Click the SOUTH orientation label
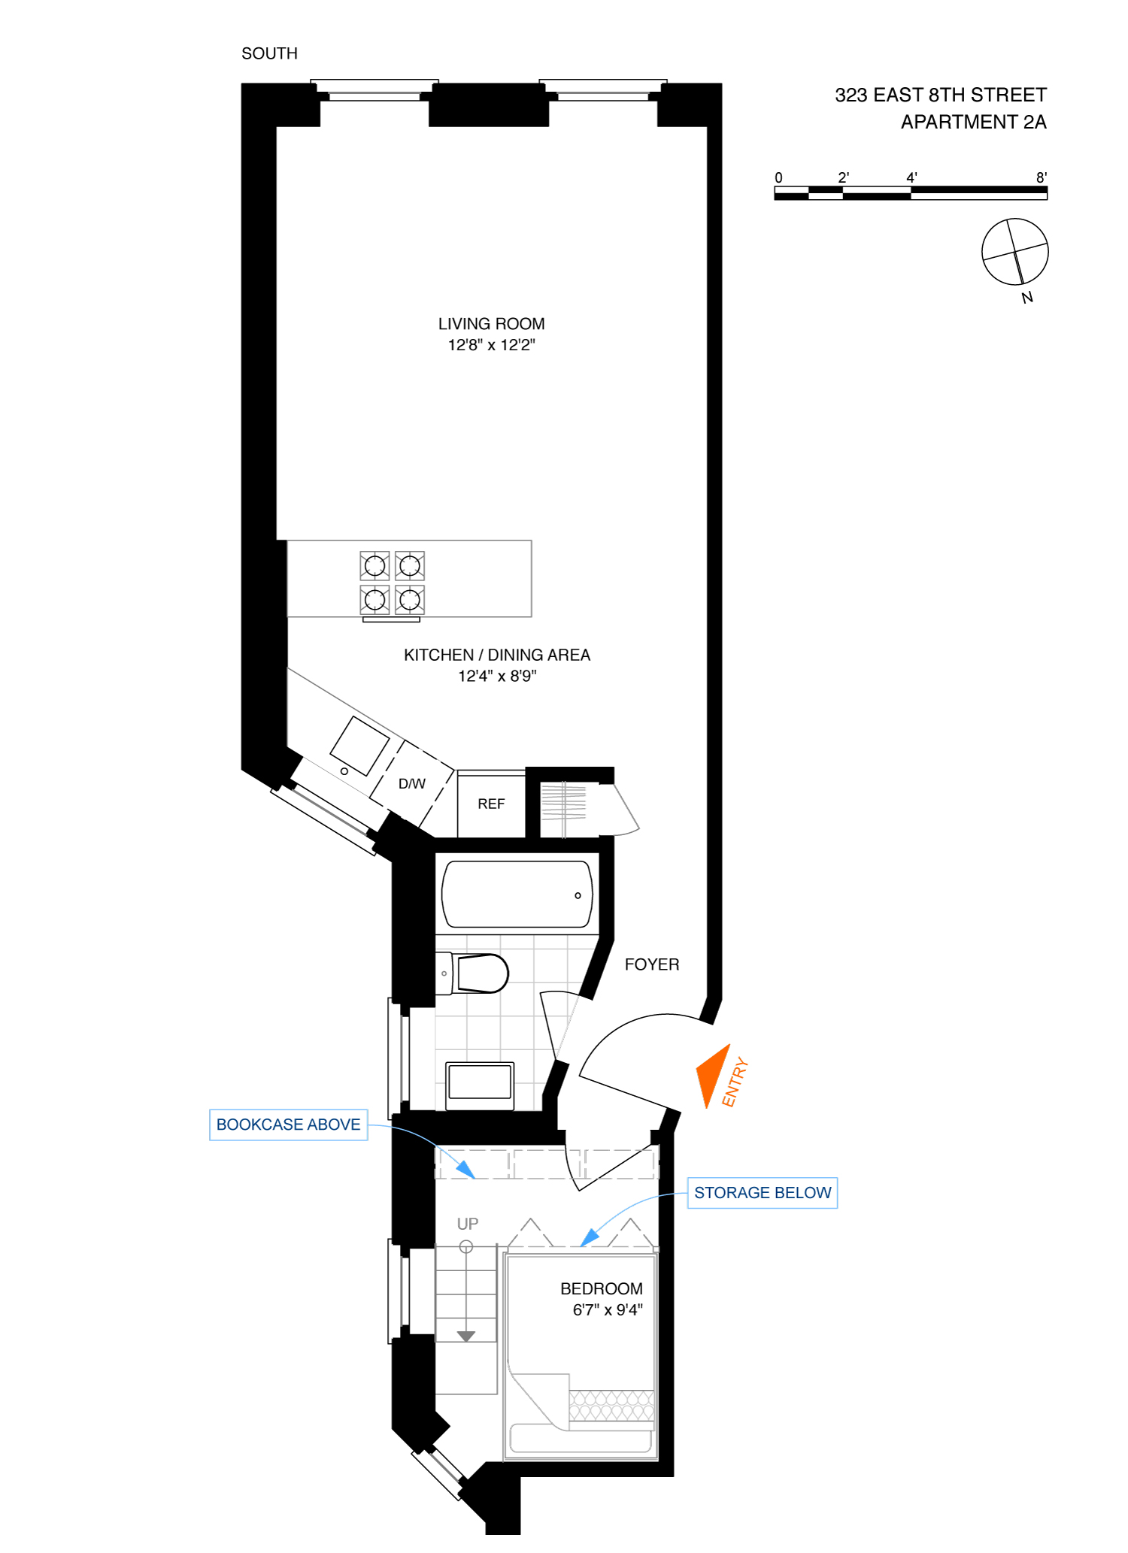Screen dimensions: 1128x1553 pos(269,53)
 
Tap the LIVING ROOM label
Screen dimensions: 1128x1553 pos(491,324)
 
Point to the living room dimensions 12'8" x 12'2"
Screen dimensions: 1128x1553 pos(491,345)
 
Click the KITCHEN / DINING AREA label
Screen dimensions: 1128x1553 pos(496,655)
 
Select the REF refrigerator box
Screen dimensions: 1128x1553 pos(491,804)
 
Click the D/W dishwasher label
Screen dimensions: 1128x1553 pos(412,784)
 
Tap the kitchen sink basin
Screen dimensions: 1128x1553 pos(359,746)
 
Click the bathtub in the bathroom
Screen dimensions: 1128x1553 pos(517,894)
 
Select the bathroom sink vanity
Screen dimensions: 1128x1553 pos(480,1085)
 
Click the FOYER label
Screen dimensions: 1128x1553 pos(652,964)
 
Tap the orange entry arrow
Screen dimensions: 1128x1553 pos(712,1075)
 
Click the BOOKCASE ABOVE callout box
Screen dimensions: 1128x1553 pos(288,1125)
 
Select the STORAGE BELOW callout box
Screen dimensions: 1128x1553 pos(762,1193)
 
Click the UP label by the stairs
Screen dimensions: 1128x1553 pos(467,1224)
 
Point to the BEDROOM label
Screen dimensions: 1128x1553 pos(601,1288)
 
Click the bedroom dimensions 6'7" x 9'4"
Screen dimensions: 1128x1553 pos(607,1310)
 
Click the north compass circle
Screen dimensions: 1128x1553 pos(1014,252)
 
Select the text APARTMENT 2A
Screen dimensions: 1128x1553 pos(973,122)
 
